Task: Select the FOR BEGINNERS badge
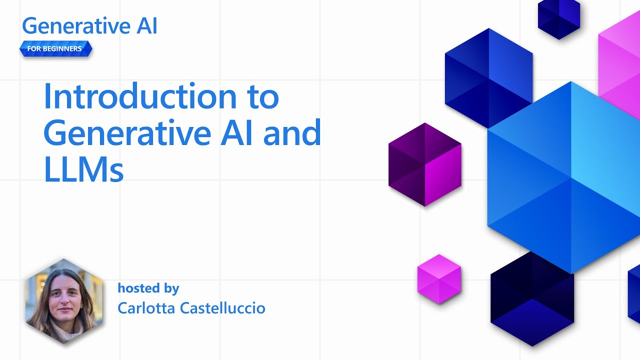coord(55,49)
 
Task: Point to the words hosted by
coord(148,288)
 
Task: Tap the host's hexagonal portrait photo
coord(64,301)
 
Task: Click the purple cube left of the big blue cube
coord(425,164)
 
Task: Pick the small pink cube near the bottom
coord(439,278)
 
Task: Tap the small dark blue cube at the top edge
coord(558,18)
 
